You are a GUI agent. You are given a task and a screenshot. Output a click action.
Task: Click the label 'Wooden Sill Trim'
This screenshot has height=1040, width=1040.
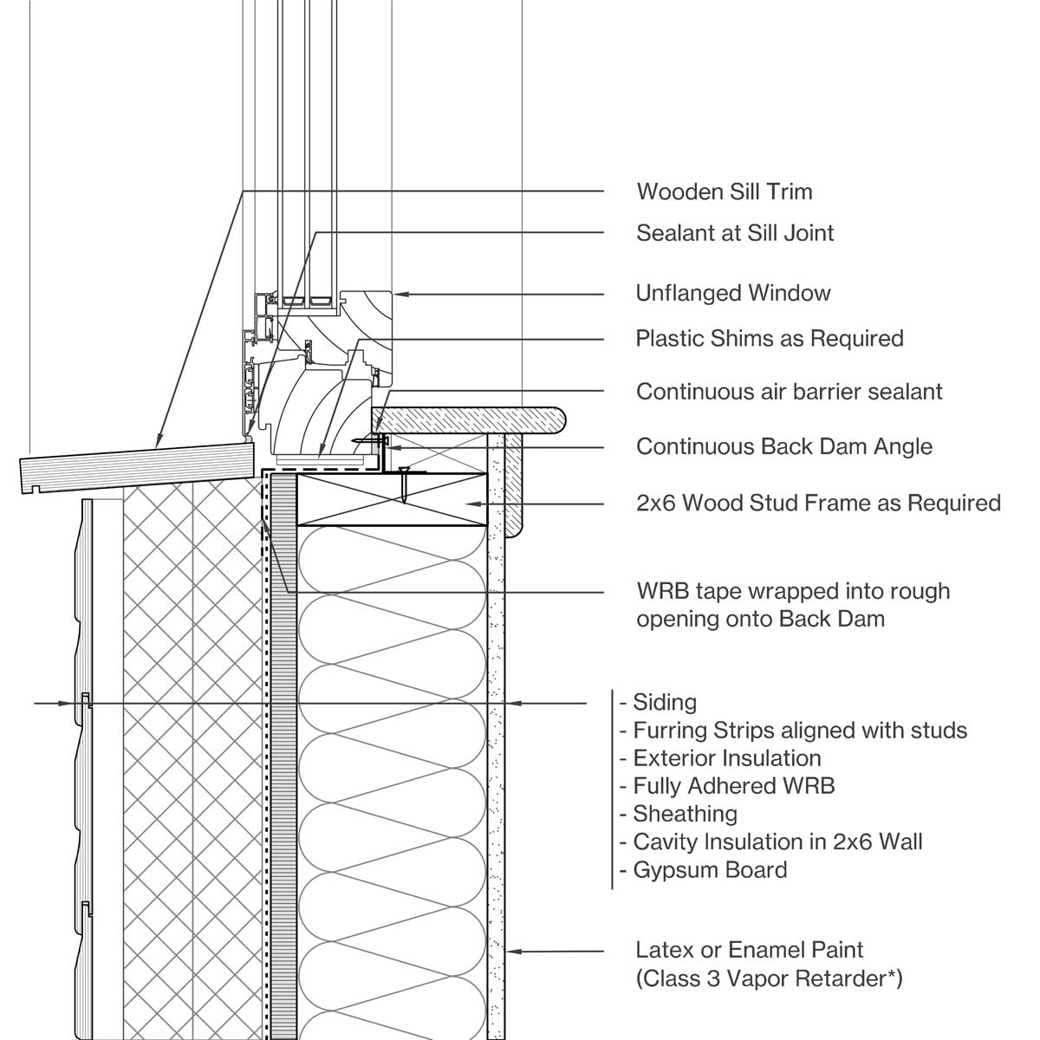724,192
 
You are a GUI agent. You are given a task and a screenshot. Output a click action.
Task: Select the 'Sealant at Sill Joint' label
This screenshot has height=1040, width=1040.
735,233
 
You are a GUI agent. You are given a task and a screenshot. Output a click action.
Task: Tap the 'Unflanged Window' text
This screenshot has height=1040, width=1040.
733,294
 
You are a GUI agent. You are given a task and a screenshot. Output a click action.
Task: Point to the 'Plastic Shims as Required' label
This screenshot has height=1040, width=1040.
770,338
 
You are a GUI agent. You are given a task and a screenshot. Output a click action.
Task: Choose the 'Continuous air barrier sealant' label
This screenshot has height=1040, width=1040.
789,392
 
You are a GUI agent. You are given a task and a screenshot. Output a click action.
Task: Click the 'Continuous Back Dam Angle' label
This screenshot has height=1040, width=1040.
783,447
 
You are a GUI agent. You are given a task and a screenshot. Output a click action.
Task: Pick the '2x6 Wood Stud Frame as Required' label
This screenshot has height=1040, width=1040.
818,503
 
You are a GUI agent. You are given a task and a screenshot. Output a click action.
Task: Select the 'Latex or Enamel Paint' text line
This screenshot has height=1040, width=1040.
750,950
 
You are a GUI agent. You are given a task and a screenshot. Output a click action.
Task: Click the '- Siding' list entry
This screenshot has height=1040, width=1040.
659,703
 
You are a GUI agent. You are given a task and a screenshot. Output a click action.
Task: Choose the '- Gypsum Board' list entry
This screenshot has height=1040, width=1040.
704,869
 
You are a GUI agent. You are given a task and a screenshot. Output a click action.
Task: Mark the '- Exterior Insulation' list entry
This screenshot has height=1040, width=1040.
720,758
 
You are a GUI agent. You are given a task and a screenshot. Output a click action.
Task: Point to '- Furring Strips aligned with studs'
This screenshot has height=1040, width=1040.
793,731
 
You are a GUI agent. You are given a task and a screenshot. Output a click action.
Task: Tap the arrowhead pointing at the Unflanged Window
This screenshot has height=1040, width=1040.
401,295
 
